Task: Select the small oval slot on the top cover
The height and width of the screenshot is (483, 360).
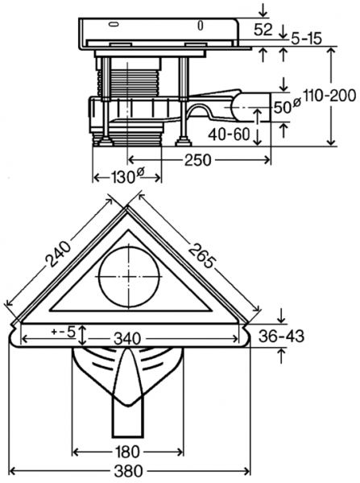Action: coord(199,25)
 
